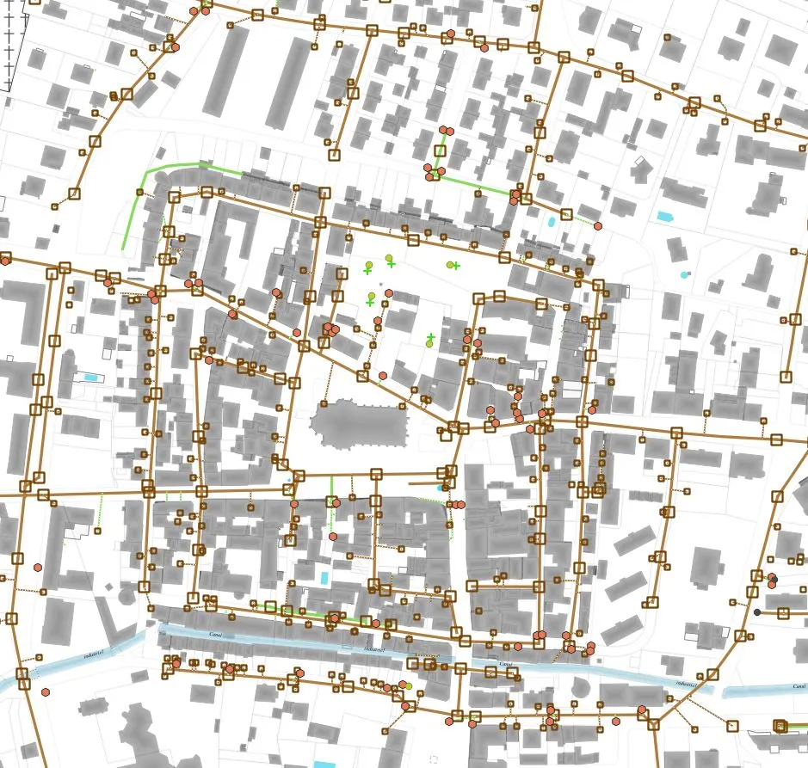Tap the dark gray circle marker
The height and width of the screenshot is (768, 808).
coord(757,612)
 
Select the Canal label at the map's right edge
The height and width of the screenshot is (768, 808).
coord(799,686)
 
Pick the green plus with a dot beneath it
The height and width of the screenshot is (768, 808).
coord(431,338)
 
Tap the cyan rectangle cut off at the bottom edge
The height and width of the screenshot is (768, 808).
coord(324,764)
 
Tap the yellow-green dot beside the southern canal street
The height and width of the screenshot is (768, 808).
coord(408,685)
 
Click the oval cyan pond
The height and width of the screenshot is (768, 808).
coord(551,221)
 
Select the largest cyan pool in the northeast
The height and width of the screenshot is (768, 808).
coord(664,217)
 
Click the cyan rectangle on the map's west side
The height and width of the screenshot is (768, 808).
coord(90,378)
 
